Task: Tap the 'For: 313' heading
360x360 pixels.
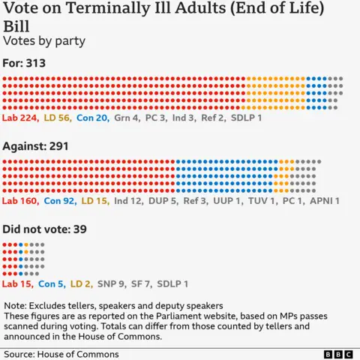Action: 25,63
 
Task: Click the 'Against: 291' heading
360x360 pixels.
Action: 36,146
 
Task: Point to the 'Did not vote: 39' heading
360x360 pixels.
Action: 44,229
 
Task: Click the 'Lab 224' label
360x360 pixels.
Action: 20,118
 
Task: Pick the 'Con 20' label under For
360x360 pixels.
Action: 92,118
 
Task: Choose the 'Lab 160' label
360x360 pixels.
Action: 20,201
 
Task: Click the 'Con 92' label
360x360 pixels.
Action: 59,201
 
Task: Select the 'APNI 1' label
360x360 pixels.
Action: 326,201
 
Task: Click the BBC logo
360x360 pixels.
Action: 338,353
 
